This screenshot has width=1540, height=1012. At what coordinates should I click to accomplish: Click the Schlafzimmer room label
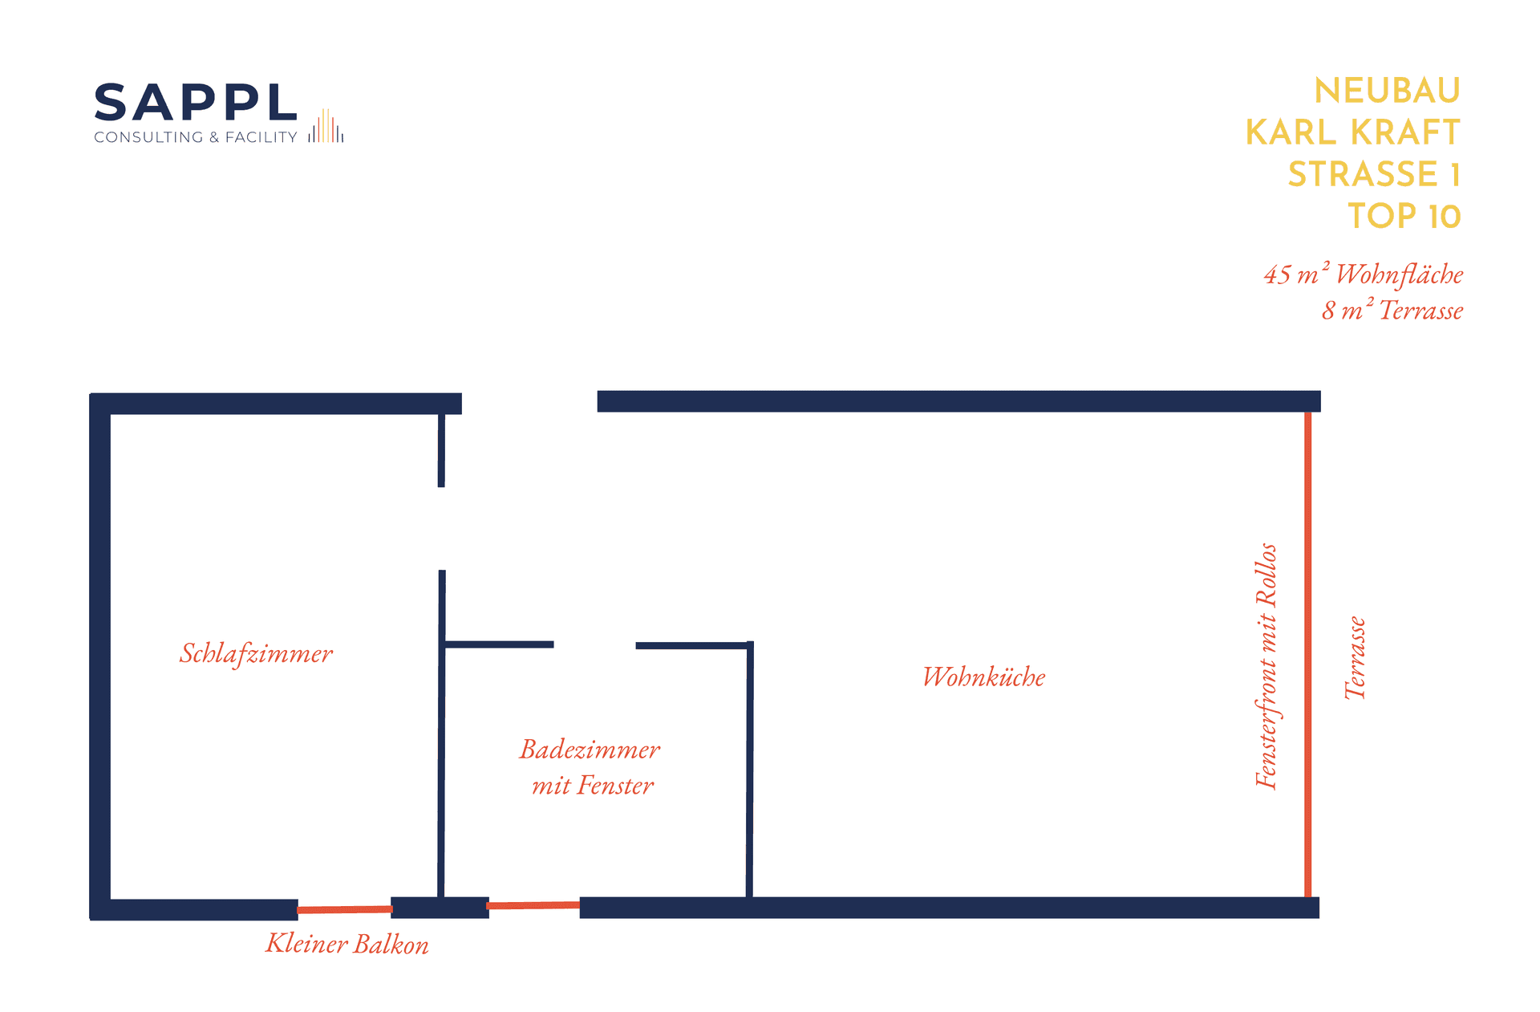[x=256, y=653]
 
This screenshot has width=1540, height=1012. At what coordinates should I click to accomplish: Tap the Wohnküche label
[x=983, y=677]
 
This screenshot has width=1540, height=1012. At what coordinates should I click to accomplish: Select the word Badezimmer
[x=590, y=750]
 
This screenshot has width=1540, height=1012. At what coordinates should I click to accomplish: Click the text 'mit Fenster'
[x=593, y=785]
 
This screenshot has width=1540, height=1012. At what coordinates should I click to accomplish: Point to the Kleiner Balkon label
[x=347, y=944]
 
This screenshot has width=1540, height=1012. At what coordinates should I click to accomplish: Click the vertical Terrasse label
[x=1355, y=658]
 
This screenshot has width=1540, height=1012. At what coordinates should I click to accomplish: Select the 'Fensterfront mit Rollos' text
[x=1266, y=666]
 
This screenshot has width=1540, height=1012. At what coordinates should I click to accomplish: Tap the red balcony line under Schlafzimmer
[x=344, y=909]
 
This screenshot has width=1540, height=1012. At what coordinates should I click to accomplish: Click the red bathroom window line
[x=533, y=905]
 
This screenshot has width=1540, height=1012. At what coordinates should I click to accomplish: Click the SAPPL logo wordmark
[x=196, y=104]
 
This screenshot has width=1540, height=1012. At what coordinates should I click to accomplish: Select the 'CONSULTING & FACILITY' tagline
[x=196, y=137]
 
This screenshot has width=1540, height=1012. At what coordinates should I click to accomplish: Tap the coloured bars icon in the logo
[x=326, y=127]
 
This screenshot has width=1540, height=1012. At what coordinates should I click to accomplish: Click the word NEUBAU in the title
[x=1387, y=91]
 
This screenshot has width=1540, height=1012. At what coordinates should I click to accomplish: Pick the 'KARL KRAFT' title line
[x=1352, y=132]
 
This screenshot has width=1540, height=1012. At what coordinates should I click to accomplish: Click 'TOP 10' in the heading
[x=1404, y=216]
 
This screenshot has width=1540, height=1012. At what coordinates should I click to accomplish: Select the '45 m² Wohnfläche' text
[x=1364, y=274]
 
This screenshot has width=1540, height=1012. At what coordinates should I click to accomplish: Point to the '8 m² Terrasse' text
[x=1392, y=310]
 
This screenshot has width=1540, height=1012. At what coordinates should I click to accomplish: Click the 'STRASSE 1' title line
[x=1374, y=174]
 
